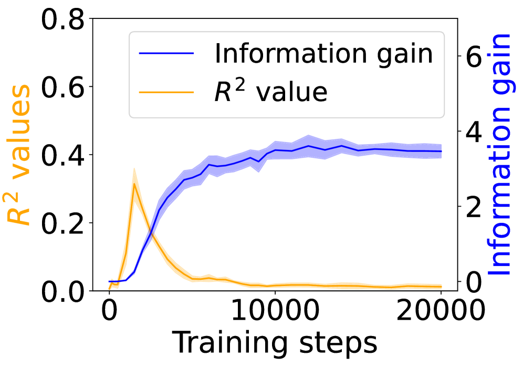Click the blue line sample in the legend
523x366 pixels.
(x=166, y=54)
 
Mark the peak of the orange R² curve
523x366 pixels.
(x=134, y=184)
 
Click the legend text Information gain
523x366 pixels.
(x=323, y=54)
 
